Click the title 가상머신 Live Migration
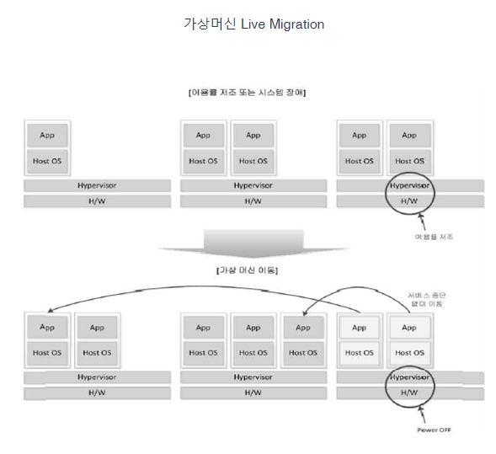click(253, 24)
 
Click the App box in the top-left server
click(47, 135)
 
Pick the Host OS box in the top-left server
click(47, 161)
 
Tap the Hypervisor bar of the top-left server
click(97, 185)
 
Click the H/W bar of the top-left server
click(97, 201)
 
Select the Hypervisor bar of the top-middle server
click(253, 185)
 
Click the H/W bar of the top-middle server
click(253, 201)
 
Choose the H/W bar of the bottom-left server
click(97, 393)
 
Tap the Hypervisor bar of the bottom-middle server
click(253, 377)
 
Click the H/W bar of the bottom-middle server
click(253, 393)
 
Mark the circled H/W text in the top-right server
click(409, 201)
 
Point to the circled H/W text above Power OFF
click(409, 393)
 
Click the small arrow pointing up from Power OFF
click(424, 414)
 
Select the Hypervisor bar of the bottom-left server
click(97, 377)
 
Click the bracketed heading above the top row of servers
click(247, 92)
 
